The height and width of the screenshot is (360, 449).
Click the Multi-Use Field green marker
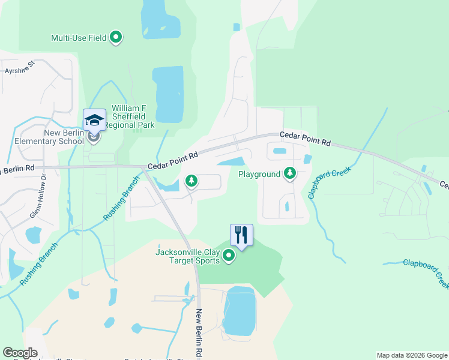pos(116,38)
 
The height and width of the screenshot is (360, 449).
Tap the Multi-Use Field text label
pos(79,38)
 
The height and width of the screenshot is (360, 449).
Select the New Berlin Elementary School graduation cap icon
pos(94,120)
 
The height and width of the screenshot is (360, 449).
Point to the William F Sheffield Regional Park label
pos(129,116)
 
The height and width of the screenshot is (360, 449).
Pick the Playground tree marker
pos(290,173)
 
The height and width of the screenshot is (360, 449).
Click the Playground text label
pos(259,174)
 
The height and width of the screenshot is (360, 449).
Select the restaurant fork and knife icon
pos(241,235)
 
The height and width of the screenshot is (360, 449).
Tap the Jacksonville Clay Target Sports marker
pos(229,256)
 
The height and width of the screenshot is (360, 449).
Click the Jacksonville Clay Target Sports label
pos(187,256)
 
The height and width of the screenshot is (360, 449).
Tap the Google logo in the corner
pos(20,353)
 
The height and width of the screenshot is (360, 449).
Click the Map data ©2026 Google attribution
pos(412,355)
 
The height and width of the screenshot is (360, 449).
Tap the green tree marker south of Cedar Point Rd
pos(191,180)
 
